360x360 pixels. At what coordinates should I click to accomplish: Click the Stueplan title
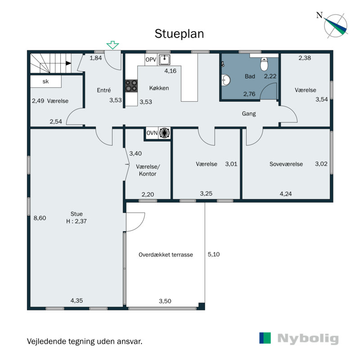point(179,34)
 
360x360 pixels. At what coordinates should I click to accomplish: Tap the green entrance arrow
point(112,45)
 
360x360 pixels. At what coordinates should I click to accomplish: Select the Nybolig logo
point(299,338)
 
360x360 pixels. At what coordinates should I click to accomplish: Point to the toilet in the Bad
point(264,64)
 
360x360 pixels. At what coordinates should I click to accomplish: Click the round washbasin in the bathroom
point(226,81)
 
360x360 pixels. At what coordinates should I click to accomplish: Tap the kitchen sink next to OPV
point(164,60)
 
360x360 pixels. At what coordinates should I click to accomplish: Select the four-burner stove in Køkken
point(131,86)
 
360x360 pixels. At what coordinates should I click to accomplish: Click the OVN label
point(152,133)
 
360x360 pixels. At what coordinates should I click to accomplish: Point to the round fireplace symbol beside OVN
point(164,133)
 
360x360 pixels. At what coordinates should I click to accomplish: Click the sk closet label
point(45,81)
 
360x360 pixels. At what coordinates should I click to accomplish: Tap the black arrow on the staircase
point(68,63)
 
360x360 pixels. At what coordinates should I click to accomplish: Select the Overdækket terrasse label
point(166,255)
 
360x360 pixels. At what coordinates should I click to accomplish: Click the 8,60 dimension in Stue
point(40,218)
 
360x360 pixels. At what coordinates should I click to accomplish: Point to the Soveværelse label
point(286,164)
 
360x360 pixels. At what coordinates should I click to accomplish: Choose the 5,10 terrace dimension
point(213,254)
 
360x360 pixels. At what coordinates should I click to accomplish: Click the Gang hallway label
point(249,114)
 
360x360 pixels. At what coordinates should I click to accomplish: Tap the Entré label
point(104,90)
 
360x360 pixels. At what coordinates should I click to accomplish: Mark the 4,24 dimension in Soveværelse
point(286,194)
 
